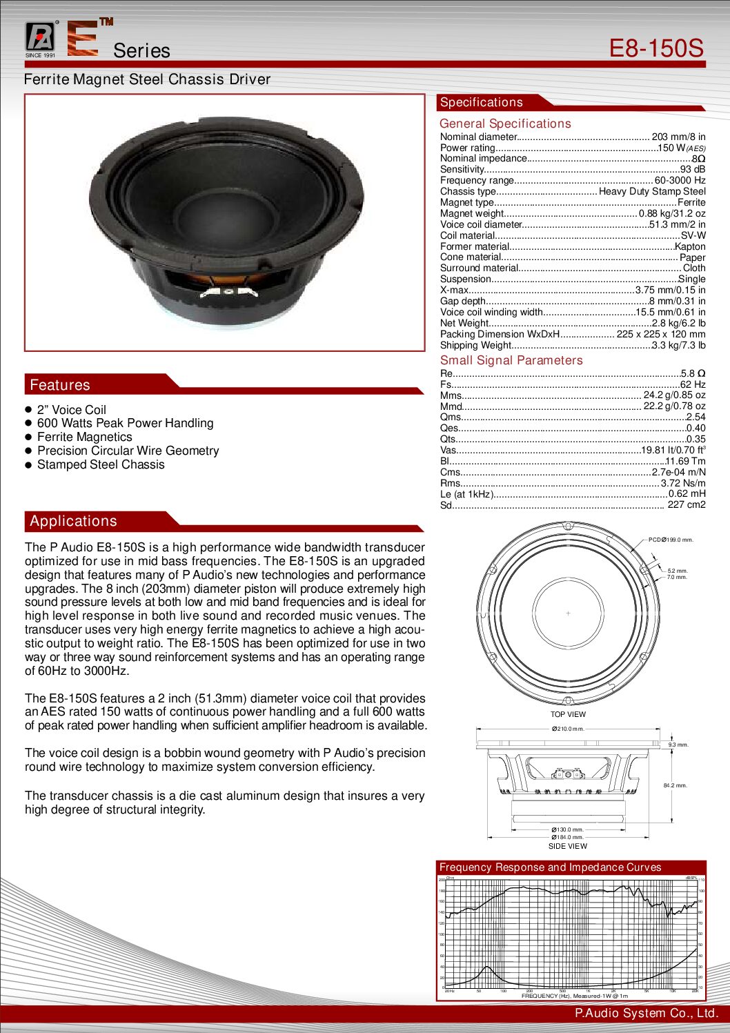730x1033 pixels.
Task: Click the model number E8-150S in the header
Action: pyautogui.click(x=655, y=48)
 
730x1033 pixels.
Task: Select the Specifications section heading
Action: pyautogui.click(x=482, y=102)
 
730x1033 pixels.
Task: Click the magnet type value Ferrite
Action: pyautogui.click(x=691, y=202)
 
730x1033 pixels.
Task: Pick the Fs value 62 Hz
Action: pyautogui.click(x=693, y=384)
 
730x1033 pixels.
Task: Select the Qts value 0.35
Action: pyautogui.click(x=696, y=439)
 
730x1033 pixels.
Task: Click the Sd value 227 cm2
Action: pyautogui.click(x=686, y=504)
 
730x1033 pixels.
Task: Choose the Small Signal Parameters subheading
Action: pyautogui.click(x=511, y=360)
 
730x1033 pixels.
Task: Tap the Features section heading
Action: pyautogui.click(x=60, y=385)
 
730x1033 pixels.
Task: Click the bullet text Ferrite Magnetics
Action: pyautogui.click(x=84, y=437)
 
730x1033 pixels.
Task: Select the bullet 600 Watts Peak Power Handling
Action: pyautogui.click(x=125, y=423)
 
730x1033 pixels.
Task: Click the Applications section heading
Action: pyautogui.click(x=73, y=521)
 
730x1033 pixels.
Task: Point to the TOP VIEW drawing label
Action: pyautogui.click(x=568, y=714)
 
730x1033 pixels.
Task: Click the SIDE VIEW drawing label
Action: pyautogui.click(x=568, y=846)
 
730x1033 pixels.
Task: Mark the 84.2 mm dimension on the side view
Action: pyautogui.click(x=675, y=785)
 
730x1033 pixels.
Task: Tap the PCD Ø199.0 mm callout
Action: pyautogui.click(x=671, y=540)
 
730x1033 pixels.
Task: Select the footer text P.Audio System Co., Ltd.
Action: pyautogui.click(x=647, y=1013)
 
